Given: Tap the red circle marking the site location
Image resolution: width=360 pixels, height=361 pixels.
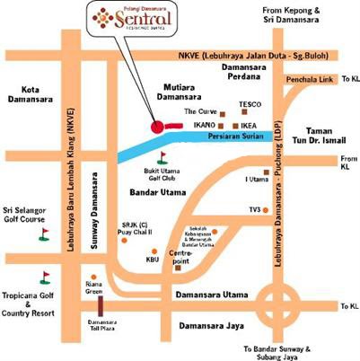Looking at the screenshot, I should [x=158, y=127].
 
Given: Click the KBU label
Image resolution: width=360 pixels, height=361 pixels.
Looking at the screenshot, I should [x=152, y=260].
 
